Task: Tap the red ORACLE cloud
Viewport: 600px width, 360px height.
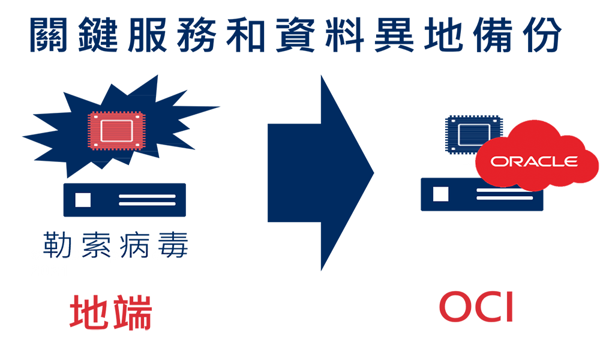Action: tap(536, 156)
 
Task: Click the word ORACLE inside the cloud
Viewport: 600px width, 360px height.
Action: tap(534, 161)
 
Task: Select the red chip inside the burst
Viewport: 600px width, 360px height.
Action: tap(116, 130)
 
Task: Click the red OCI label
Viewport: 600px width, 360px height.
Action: tap(476, 307)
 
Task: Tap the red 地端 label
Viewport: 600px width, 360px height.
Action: tap(110, 312)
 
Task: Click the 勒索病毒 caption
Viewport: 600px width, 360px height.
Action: tap(116, 245)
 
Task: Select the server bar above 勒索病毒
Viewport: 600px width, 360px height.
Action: tap(125, 200)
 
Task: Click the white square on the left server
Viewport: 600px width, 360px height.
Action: tap(83, 200)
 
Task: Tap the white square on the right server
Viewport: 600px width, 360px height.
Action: tap(440, 194)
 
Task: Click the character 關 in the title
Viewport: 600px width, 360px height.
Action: tap(49, 34)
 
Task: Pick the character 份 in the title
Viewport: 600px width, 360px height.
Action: tap(542, 34)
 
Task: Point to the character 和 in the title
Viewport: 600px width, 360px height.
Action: tap(245, 34)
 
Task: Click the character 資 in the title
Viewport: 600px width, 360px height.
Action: tap(295, 34)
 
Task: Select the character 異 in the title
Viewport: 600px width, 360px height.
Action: tap(394, 34)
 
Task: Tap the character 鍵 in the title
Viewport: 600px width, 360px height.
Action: tap(98, 34)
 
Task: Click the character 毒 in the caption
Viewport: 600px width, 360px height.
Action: tap(173, 245)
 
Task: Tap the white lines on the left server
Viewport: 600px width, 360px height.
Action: tap(148, 200)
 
